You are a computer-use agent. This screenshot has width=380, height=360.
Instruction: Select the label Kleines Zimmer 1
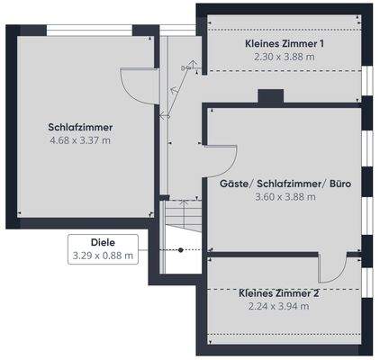click(285, 43)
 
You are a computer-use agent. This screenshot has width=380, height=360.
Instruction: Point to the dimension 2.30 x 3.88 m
click(285, 56)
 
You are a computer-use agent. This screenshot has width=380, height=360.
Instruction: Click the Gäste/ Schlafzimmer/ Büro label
click(285, 184)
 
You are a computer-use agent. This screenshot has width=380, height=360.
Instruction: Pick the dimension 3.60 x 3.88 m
click(285, 196)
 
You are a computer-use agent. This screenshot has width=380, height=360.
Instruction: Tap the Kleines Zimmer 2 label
click(278, 293)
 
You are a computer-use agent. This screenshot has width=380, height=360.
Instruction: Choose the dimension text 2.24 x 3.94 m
click(278, 306)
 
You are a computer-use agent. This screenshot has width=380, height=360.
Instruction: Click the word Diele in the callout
click(104, 242)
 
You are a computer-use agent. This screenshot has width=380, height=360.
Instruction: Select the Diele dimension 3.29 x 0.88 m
click(104, 256)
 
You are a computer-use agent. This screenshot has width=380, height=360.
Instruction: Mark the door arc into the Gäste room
click(220, 160)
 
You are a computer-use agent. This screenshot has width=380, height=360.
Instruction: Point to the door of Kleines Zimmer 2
click(330, 267)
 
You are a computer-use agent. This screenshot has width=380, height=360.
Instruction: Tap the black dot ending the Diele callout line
click(180, 249)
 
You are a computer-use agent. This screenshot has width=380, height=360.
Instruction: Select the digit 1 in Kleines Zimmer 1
click(321, 43)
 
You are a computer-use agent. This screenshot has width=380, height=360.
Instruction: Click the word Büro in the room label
click(339, 184)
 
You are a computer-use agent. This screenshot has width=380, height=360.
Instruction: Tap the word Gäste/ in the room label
click(236, 184)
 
